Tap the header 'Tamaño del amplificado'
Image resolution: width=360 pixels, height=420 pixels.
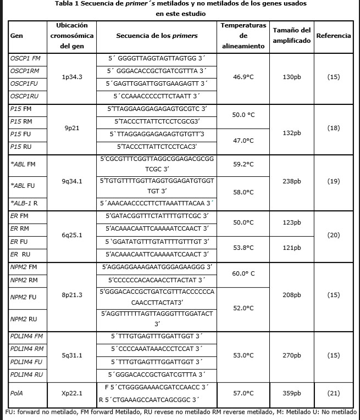click(x=292, y=35)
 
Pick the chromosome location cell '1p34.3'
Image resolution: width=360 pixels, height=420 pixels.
click(x=73, y=77)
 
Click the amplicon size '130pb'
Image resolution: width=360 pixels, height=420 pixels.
click(x=292, y=77)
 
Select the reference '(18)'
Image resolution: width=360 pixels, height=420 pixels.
click(x=334, y=128)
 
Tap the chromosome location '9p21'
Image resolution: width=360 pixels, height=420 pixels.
click(x=73, y=128)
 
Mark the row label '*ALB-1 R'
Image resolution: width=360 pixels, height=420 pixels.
click(x=25, y=204)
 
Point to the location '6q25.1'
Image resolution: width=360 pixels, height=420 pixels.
click(x=73, y=234)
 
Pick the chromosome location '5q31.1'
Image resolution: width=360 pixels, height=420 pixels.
click(x=73, y=355)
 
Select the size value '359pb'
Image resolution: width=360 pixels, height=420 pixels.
click(x=292, y=393)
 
